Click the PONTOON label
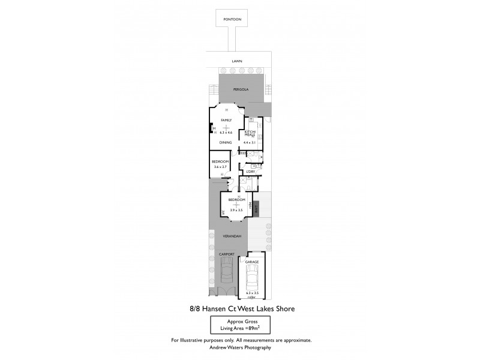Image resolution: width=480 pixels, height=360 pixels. point(232,20)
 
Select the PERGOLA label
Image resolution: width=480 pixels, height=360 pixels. point(241,89)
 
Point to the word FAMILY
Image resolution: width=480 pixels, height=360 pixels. point(226,120)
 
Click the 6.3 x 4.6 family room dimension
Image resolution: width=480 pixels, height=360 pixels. point(226,132)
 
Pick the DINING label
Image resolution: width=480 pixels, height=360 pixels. point(226,142)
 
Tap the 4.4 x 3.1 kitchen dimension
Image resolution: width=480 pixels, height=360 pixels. point(250,142)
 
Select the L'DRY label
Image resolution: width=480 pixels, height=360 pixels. point(251,172)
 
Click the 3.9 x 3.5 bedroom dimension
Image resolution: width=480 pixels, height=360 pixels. point(236,210)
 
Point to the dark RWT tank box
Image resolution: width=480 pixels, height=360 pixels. point(254,208)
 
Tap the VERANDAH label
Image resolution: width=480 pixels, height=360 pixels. point(232,236)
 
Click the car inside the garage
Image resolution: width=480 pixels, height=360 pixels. point(251,280)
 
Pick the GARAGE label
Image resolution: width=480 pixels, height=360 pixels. point(251,262)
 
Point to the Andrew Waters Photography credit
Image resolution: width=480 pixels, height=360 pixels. point(240,347)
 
